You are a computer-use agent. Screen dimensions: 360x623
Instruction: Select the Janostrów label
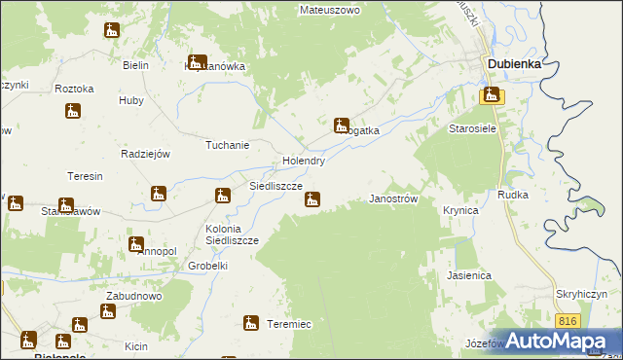tap(393, 198)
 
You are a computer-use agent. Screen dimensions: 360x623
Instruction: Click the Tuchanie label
tap(227, 145)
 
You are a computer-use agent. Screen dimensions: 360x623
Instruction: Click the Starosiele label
tap(472, 128)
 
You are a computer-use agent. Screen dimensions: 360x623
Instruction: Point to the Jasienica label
tap(469, 275)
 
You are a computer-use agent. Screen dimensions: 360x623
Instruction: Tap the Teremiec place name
tap(289, 324)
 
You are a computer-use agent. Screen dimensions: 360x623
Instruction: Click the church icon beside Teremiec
tap(252, 323)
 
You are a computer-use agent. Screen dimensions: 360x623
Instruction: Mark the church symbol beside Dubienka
tap(492, 95)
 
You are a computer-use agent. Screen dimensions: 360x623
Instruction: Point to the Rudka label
tap(513, 195)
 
